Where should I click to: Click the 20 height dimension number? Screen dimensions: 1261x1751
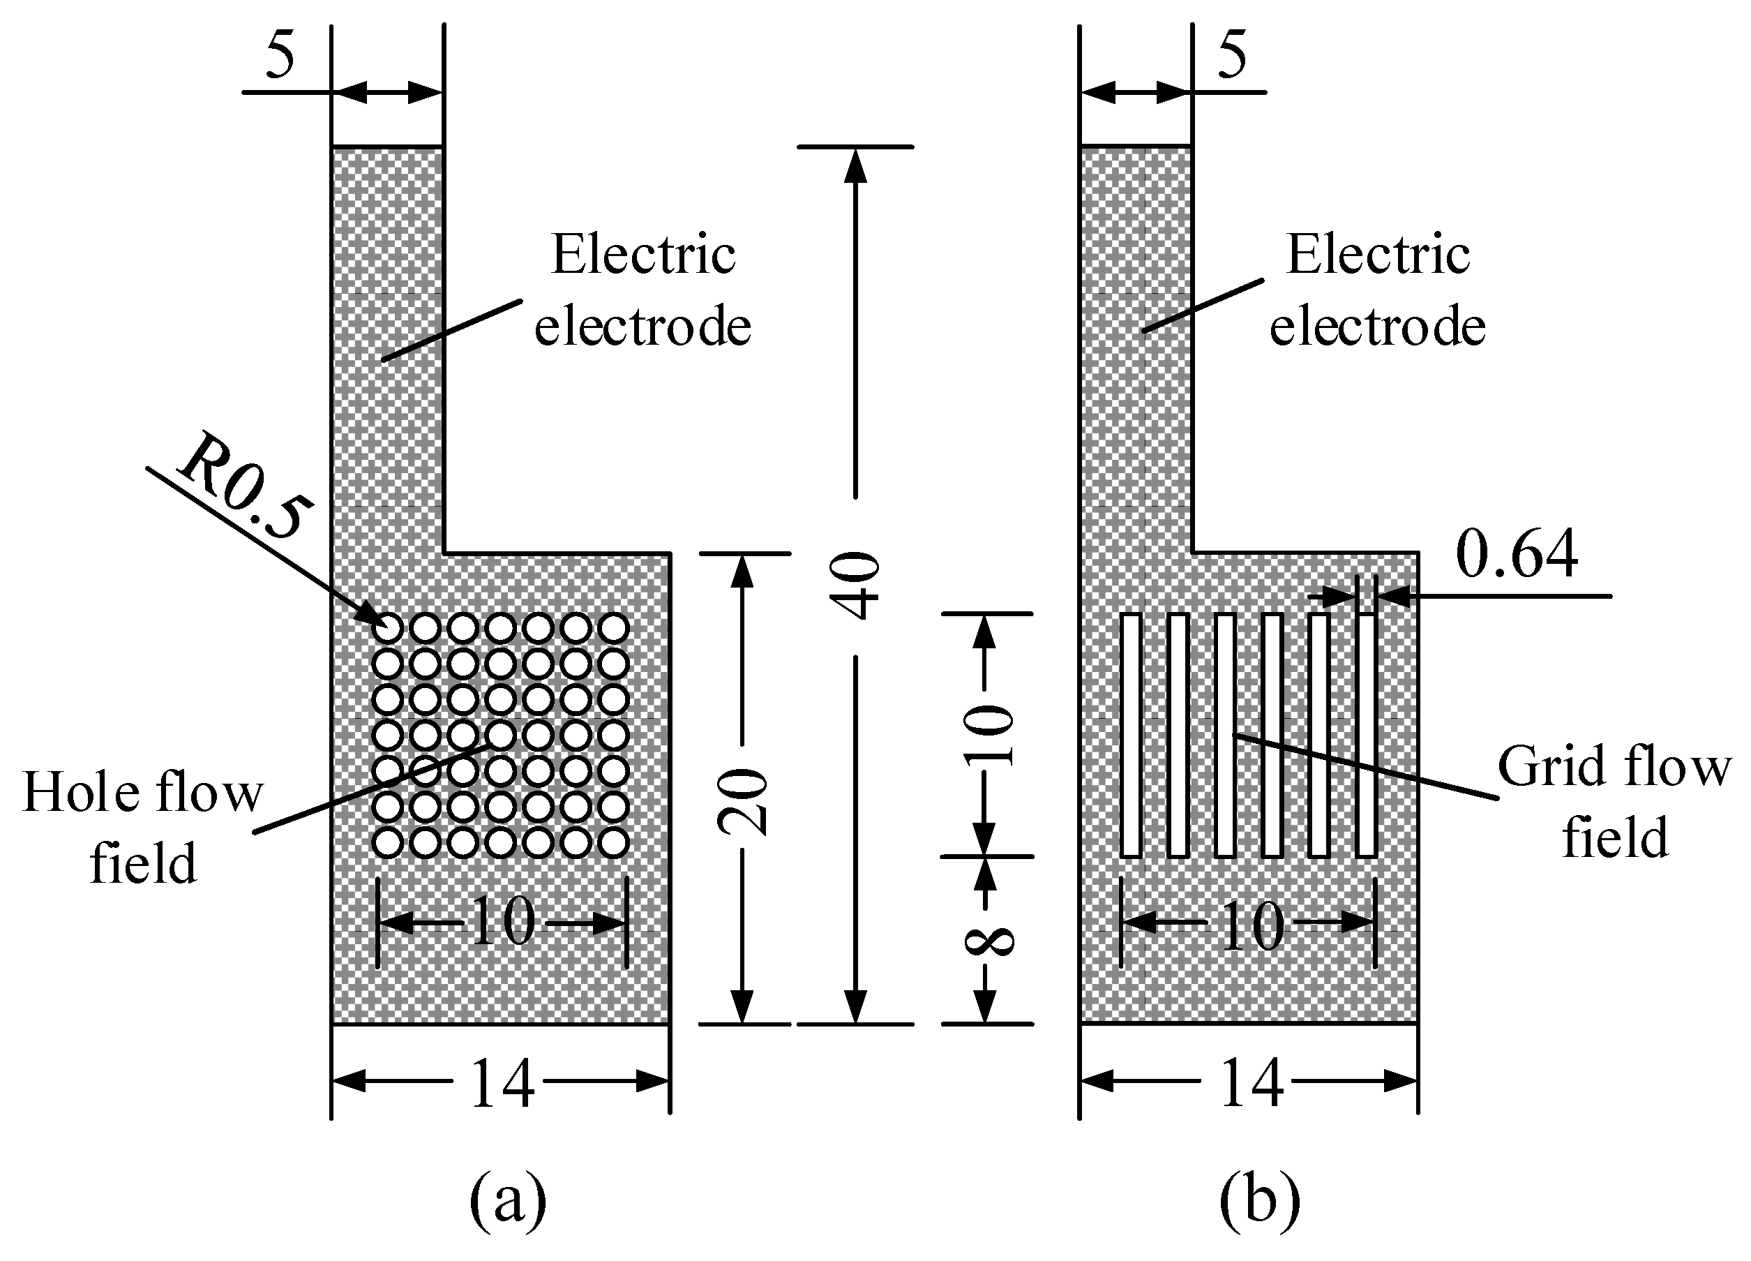point(744,803)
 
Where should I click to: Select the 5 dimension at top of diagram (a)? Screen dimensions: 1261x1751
point(280,56)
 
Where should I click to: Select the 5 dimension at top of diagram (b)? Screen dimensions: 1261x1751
point(1231,56)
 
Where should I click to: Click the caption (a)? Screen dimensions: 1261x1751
point(507,1199)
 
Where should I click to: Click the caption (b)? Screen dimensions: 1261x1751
point(1259,1199)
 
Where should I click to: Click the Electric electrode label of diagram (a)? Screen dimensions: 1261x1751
point(642,290)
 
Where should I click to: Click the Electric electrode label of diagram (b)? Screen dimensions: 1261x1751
point(1377,290)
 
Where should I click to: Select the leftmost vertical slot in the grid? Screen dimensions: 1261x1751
point(1130,735)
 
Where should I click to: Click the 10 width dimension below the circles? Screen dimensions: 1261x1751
point(502,923)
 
